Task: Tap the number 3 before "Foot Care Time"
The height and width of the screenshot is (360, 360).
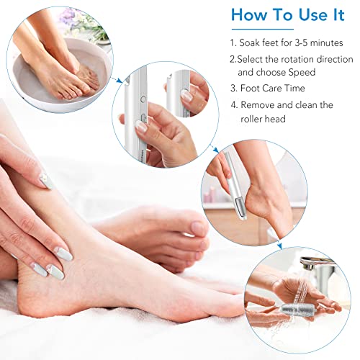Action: tap(234, 89)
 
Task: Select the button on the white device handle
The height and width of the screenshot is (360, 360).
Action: tap(143, 101)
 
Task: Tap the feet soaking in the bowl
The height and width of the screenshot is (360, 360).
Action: tap(68, 68)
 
